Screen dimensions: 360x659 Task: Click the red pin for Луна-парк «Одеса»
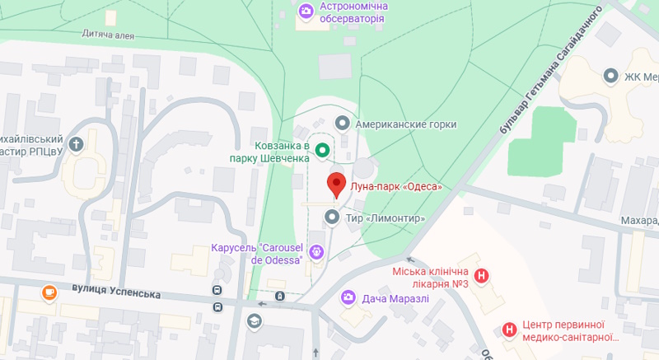[336, 185]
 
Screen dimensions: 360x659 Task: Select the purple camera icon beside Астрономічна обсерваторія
[306, 10]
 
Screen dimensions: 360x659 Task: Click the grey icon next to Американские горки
[343, 124]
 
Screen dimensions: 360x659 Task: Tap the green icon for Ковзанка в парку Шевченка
[323, 150]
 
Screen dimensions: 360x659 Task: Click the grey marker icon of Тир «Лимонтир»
[332, 217]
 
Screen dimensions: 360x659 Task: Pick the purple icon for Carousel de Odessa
[317, 252]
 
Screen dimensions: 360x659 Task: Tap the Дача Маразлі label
[395, 297]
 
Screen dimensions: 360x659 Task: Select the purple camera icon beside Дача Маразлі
[348, 297]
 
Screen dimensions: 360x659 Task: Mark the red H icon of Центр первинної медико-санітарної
[510, 330]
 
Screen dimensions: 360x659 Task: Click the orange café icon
[49, 292]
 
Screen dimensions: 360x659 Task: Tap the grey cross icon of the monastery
[76, 146]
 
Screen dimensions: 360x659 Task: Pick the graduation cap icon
[254, 320]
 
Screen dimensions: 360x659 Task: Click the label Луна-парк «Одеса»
[396, 187]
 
